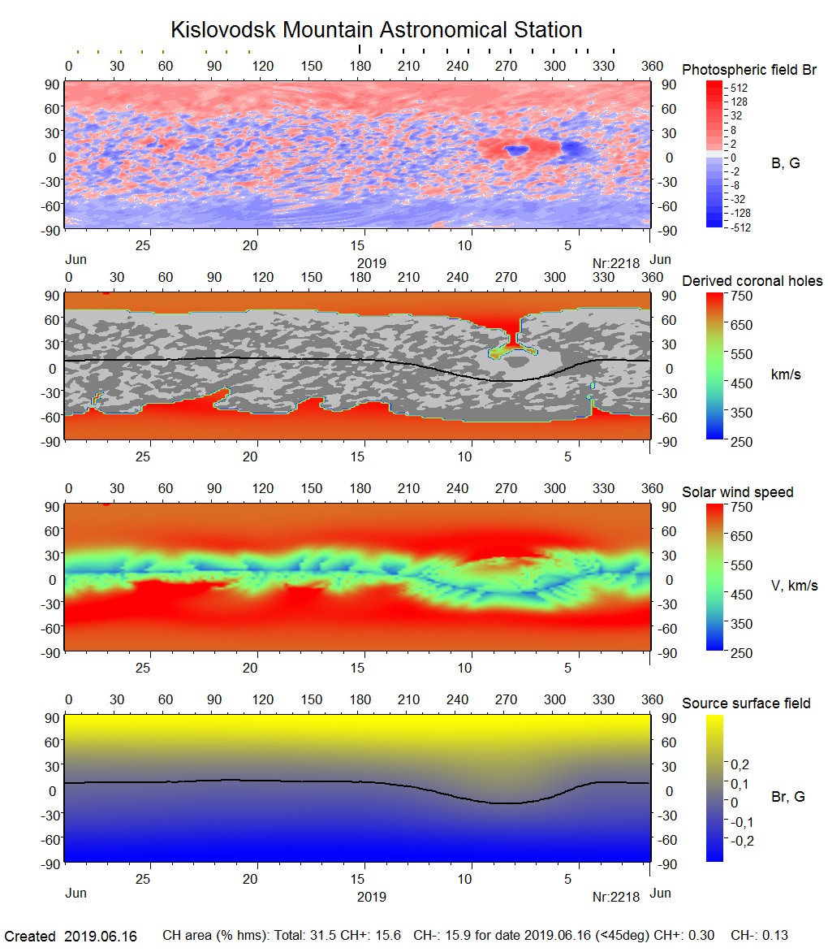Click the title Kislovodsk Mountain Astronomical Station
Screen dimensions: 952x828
(376, 30)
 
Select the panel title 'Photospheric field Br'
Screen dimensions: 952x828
(749, 70)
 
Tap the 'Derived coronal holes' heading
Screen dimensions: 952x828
(753, 281)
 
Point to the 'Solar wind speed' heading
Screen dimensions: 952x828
(738, 492)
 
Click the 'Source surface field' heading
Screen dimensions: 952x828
(746, 703)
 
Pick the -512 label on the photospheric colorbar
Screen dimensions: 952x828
(740, 227)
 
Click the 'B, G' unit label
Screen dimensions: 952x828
(785, 163)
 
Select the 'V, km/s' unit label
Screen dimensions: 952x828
(793, 586)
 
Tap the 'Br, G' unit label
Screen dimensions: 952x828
(787, 797)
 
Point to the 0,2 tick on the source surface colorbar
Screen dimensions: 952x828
(740, 764)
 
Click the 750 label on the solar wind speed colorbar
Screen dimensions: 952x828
(743, 507)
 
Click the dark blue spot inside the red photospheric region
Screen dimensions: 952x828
(514, 150)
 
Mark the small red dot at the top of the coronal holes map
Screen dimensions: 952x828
(106, 292)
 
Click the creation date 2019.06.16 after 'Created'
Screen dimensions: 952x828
(100, 937)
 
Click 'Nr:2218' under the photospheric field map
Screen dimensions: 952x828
(616, 263)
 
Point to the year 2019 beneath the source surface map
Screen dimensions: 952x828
(371, 897)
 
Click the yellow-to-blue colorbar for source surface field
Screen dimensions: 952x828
(714, 787)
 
